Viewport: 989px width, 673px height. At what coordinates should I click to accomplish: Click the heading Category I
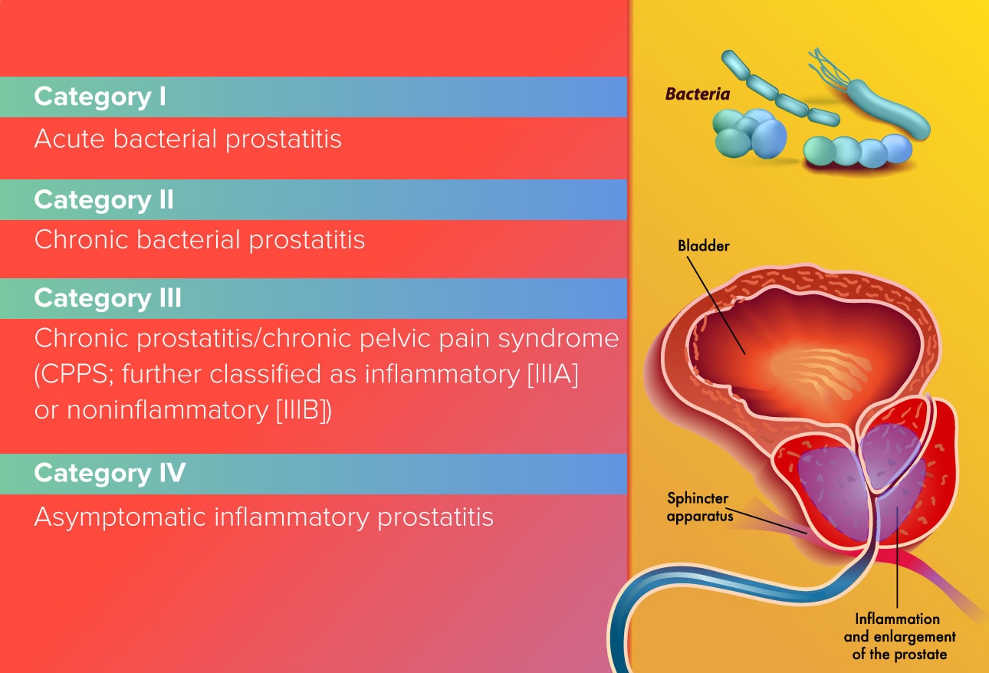100,97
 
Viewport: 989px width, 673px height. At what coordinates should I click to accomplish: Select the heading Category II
103,200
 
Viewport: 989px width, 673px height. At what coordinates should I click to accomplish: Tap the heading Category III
108,298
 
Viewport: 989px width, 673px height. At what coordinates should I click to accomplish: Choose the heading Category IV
110,473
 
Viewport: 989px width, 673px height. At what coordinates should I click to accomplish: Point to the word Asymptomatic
120,517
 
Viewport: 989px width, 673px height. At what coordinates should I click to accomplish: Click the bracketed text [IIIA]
553,374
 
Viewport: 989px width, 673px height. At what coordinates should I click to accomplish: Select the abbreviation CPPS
74,374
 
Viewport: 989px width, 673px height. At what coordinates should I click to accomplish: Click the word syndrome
558,339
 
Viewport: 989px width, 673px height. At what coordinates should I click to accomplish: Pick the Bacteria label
697,94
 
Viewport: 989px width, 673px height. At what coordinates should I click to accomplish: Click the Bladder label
703,246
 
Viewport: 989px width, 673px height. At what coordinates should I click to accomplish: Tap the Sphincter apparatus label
699,507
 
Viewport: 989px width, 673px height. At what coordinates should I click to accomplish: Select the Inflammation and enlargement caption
899,636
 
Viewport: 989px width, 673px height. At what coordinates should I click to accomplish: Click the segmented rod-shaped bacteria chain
779,88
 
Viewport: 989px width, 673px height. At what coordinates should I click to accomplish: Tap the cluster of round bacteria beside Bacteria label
749,133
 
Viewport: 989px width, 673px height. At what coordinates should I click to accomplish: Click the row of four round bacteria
857,151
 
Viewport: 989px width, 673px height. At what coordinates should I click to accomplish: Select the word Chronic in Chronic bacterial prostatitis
80,240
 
